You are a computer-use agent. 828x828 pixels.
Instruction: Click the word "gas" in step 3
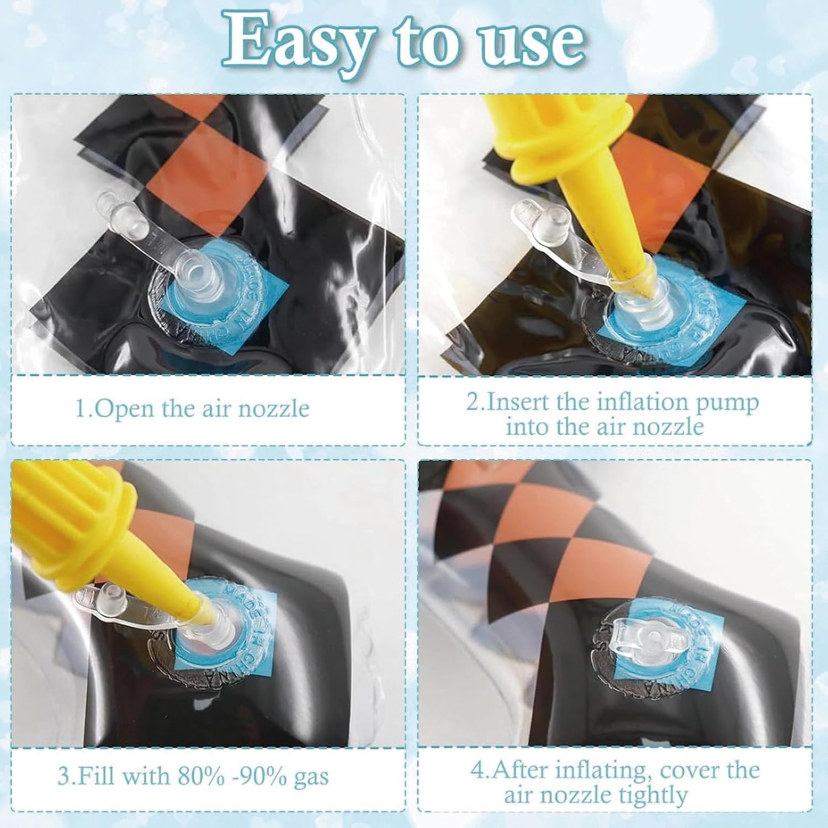(x=310, y=777)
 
